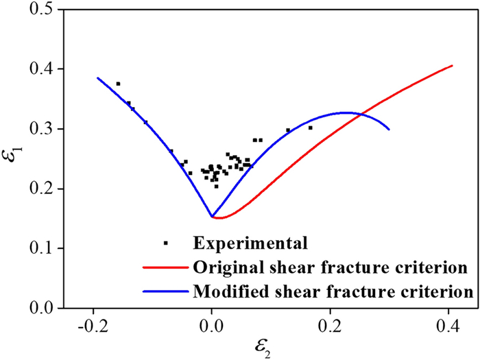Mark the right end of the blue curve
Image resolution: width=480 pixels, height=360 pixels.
click(389, 130)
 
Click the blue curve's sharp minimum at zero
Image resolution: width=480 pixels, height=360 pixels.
click(213, 217)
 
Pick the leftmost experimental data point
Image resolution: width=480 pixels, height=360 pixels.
click(118, 84)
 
